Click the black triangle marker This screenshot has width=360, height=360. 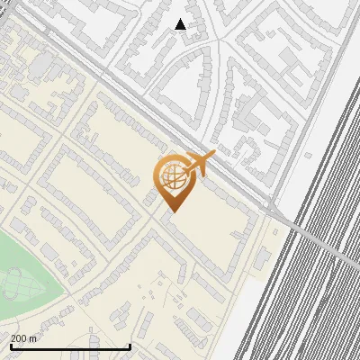pos(181,24)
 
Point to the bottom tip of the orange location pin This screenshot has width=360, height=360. pos(171,211)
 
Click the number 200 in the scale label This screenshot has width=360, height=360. pos(18,338)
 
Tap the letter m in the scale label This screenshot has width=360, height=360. pos(33,338)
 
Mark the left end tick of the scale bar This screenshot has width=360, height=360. pos(10,346)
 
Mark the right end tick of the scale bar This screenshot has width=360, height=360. pos(130,346)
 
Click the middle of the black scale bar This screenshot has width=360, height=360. pos(70,346)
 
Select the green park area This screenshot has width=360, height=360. pos(27,270)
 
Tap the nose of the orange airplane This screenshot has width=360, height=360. pos(214,156)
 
